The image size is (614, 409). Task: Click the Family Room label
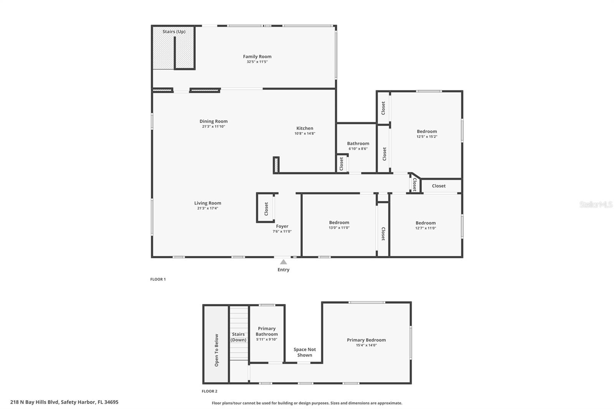(x=257, y=57)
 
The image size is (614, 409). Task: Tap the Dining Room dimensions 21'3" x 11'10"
(x=213, y=127)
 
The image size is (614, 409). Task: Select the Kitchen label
(x=305, y=129)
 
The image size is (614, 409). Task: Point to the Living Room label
(x=208, y=203)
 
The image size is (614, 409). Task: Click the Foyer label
(x=282, y=226)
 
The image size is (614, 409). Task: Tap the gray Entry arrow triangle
(x=283, y=262)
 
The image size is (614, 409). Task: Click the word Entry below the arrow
(x=283, y=270)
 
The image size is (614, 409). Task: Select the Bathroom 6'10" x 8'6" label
(x=358, y=146)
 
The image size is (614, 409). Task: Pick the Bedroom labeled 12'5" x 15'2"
(x=427, y=134)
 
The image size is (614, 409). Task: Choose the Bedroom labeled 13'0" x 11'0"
(x=339, y=225)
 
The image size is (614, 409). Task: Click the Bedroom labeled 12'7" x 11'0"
(x=426, y=225)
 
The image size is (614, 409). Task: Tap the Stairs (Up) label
(x=174, y=31)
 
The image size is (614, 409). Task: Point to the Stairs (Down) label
(x=238, y=337)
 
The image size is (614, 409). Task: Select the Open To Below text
(x=216, y=350)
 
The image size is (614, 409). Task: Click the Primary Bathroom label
(x=267, y=331)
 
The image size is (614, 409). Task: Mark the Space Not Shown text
(x=305, y=352)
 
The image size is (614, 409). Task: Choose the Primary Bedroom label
(x=366, y=340)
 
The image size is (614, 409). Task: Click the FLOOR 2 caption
(x=210, y=391)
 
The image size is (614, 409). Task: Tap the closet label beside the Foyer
(x=266, y=209)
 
